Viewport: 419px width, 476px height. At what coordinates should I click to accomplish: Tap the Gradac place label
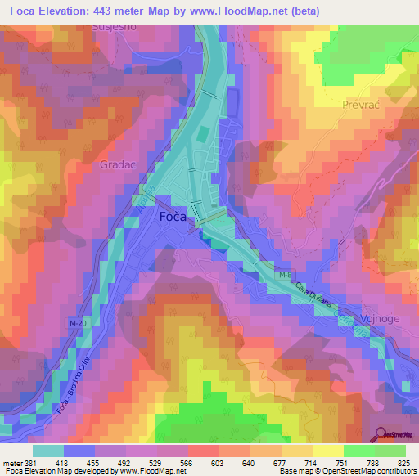[x=115, y=164]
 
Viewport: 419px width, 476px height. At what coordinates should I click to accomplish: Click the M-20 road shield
[x=79, y=325]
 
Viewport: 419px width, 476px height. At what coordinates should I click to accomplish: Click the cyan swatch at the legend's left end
[x=48, y=450]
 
